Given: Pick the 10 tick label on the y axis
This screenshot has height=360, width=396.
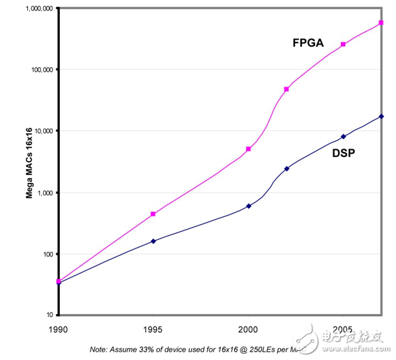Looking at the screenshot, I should coord(48,315).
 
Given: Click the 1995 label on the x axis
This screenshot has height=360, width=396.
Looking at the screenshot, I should coord(153,328).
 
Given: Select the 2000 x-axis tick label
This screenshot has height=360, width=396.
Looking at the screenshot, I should coord(249,328).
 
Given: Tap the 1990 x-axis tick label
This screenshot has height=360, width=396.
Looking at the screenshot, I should coord(59,328).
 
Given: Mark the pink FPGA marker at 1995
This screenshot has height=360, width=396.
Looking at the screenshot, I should coord(153,214).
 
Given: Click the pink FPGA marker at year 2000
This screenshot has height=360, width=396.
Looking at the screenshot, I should coord(249,149).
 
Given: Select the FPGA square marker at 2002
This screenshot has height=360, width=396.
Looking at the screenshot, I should coord(287,89).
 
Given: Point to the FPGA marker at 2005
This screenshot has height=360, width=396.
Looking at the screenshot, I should coord(343,44).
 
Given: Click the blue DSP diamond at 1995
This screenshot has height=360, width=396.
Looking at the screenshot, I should coord(153,241).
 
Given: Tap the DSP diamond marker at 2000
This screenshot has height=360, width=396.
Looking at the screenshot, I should coord(249,206).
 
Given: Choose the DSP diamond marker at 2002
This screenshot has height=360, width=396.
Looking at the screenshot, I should coord(287,168).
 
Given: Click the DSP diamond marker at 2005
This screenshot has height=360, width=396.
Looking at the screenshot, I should coord(343,136).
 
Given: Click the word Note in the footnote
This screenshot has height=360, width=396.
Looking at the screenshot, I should coord(100,348).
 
